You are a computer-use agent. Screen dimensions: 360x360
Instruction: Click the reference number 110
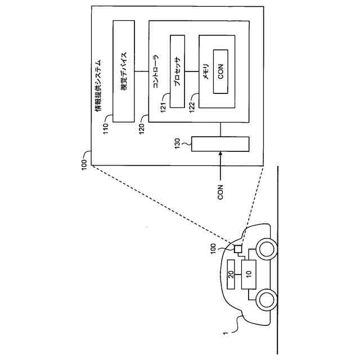(105, 129)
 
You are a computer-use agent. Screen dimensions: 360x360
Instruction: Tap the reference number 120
(142, 129)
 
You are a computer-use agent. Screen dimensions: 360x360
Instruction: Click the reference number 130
(178, 143)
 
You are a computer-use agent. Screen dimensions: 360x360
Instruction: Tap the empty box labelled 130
(220, 144)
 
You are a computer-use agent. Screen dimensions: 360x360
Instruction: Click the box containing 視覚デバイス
(124, 71)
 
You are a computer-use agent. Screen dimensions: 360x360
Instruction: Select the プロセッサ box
(177, 71)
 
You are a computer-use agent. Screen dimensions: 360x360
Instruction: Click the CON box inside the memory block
(220, 71)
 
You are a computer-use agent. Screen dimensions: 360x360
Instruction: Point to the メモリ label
(206, 71)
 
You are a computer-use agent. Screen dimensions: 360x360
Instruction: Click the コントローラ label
(156, 71)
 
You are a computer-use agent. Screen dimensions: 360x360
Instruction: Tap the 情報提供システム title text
(98, 85)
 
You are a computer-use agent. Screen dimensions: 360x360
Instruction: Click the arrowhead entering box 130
(220, 154)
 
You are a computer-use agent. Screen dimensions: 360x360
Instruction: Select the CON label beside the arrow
(220, 192)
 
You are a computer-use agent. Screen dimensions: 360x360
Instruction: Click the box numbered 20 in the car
(231, 274)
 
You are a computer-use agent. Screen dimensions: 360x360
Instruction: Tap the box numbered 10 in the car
(249, 274)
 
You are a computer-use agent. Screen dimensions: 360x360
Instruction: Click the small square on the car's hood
(237, 249)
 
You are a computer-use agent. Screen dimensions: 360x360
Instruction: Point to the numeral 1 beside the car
(226, 333)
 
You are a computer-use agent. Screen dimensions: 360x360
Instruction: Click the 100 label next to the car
(213, 249)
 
